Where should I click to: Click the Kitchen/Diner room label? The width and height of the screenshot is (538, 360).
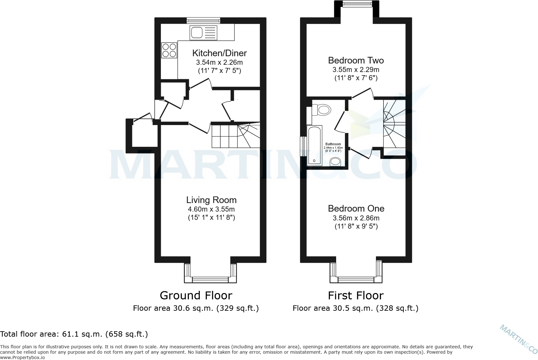click(219, 53)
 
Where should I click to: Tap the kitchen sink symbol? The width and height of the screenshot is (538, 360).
click(203, 33)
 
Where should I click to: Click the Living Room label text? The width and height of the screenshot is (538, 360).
click(211, 200)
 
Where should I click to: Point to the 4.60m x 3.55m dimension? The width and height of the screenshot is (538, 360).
click(211, 209)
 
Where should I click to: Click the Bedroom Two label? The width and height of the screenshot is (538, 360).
click(356, 60)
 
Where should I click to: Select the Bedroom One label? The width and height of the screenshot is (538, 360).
click(356, 208)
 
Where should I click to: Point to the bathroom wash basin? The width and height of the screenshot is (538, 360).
click(335, 162)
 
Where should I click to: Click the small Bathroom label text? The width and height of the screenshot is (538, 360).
click(333, 144)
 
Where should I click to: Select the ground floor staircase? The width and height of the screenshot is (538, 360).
click(235, 136)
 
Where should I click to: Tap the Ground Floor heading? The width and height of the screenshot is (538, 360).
click(196, 296)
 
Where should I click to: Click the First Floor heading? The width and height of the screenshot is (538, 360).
click(355, 296)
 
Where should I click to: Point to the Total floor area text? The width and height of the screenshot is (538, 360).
click(74, 334)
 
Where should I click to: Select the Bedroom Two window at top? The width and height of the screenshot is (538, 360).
click(357, 4)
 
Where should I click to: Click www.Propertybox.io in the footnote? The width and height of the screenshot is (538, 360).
click(22, 357)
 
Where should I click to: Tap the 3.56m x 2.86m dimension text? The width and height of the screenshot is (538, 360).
click(356, 218)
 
